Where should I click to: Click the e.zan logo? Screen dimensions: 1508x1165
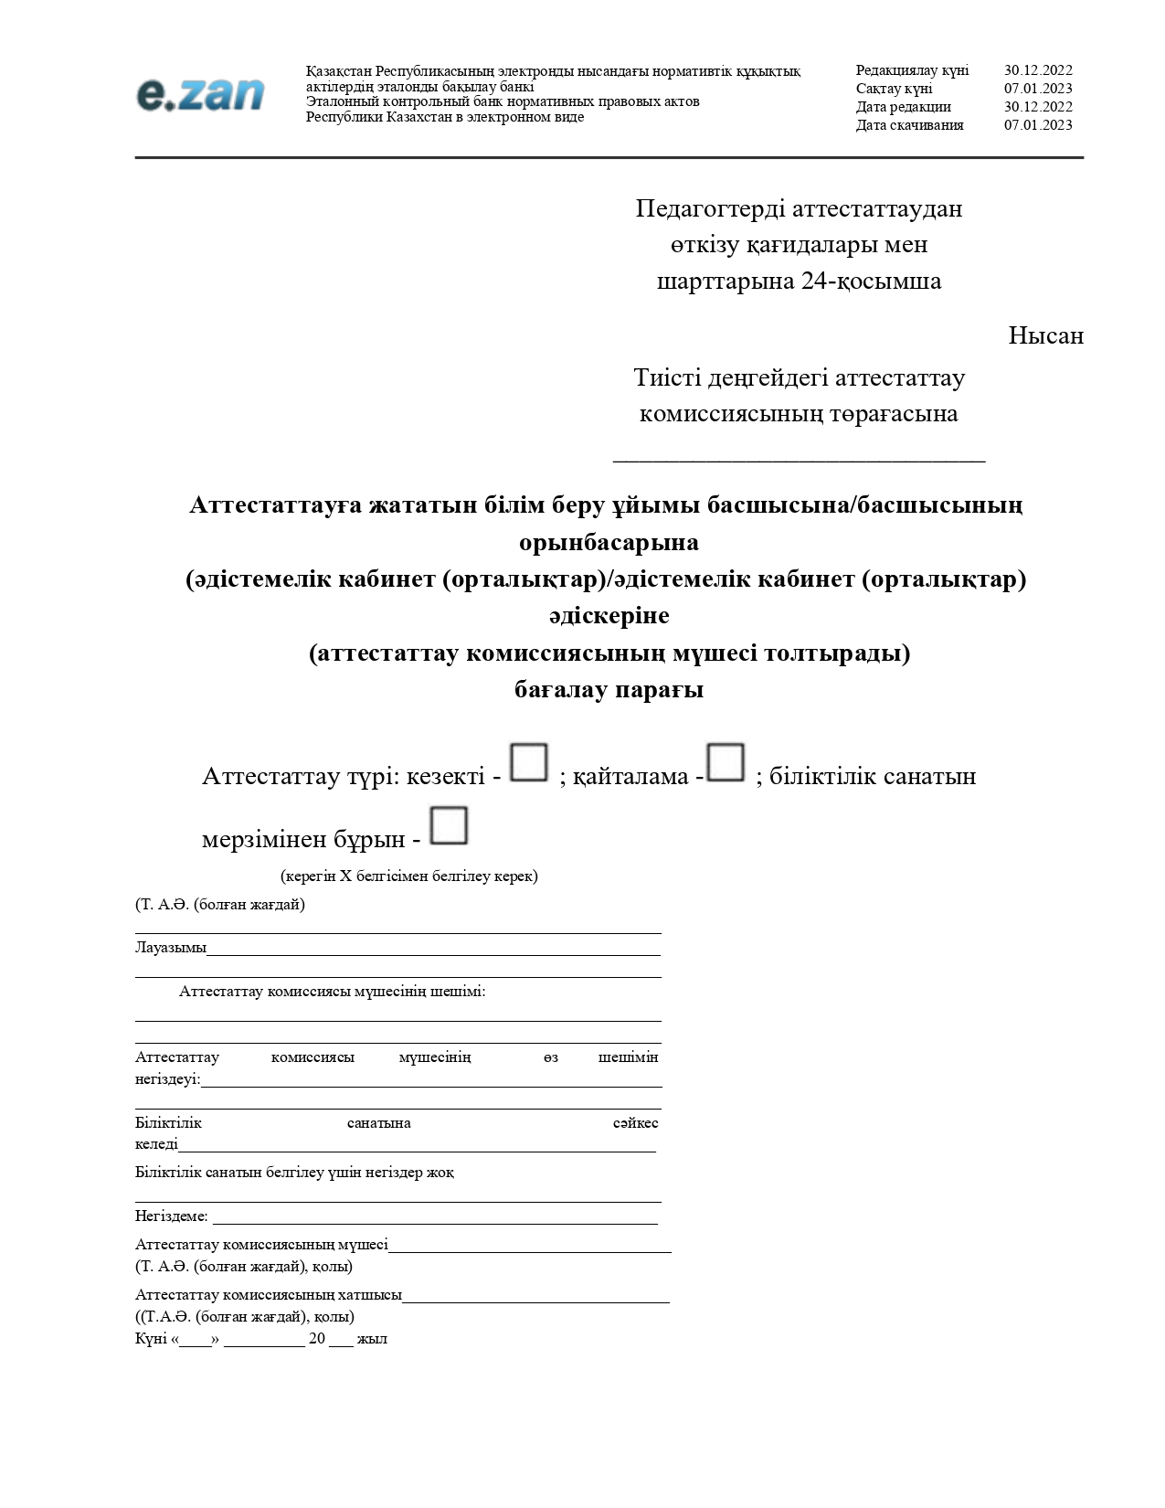coord(200,94)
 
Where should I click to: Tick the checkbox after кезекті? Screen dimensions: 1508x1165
coord(528,762)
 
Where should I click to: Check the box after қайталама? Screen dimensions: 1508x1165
coord(726,762)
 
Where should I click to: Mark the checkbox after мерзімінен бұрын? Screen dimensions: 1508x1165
coord(449,825)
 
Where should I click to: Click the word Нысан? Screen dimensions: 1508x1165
coord(1045,335)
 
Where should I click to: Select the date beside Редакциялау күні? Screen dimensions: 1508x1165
coord(1038,70)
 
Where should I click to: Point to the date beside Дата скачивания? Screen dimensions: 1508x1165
coord(1038,125)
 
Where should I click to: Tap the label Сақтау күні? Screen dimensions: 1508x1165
coord(894,89)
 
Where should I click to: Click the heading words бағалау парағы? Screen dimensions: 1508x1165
coord(609,689)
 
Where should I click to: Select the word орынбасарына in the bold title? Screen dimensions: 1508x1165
coord(609,542)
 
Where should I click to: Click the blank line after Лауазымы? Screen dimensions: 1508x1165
coord(433,953)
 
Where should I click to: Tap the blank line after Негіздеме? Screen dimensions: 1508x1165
coord(435,1222)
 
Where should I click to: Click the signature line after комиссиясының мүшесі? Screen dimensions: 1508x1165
coord(530,1250)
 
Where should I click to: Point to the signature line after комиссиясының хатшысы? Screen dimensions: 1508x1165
coord(535,1301)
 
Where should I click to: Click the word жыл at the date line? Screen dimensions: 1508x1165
coord(372,1339)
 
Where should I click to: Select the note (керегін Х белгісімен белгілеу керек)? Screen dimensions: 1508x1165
coord(408,876)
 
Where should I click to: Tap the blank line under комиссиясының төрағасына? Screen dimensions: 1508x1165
coord(799,460)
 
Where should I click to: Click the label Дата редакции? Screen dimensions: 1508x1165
coord(903,107)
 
